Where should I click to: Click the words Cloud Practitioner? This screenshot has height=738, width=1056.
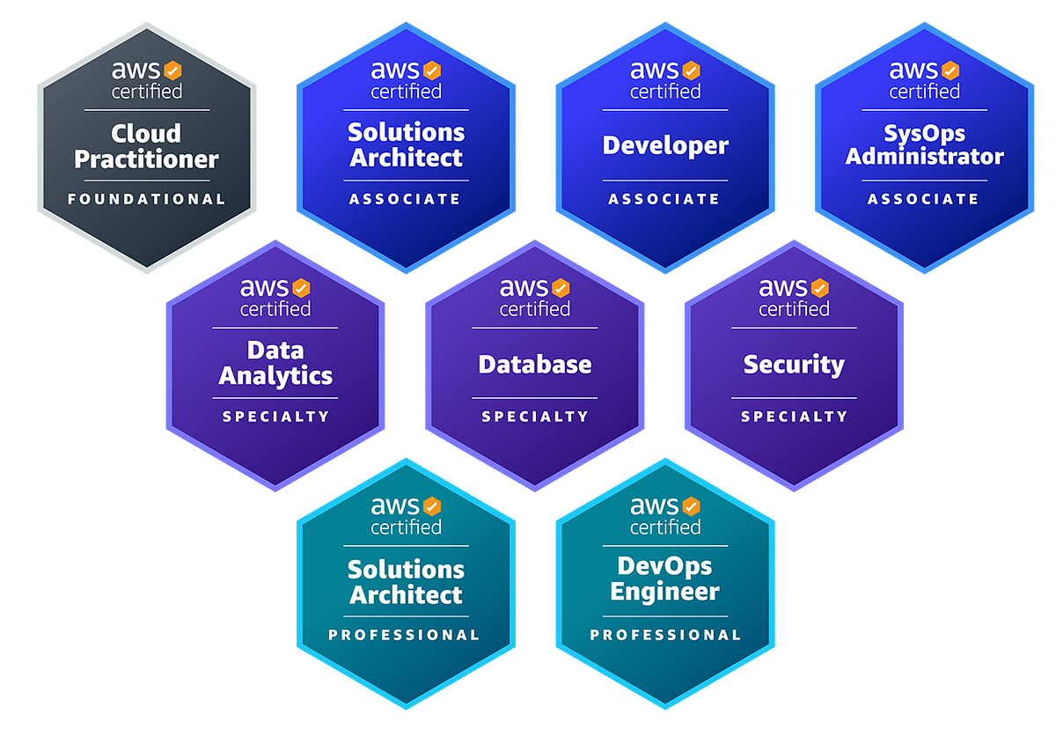point(146,146)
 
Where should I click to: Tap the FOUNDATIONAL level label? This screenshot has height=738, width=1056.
point(146,199)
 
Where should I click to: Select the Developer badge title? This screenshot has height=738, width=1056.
point(665,145)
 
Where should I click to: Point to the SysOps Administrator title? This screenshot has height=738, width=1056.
point(924,145)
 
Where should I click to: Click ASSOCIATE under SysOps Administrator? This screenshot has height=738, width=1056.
point(924,199)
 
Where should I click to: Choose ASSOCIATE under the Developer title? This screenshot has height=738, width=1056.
point(665,199)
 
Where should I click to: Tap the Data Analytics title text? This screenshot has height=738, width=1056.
point(275,363)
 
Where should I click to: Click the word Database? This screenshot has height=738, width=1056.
point(535,364)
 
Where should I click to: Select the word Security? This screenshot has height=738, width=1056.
point(794,364)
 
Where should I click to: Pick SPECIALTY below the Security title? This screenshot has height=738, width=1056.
point(794,417)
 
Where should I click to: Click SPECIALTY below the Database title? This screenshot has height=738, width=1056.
point(535,417)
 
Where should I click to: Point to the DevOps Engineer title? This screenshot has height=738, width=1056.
point(665,579)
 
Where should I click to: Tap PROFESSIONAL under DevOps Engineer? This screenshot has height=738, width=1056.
point(665,635)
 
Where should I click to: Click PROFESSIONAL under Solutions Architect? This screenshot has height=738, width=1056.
point(406,635)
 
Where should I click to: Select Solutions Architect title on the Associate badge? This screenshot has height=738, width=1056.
point(406,145)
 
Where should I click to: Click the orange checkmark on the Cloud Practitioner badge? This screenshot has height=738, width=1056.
point(172,70)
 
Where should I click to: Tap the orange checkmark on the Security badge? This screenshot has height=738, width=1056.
point(820,288)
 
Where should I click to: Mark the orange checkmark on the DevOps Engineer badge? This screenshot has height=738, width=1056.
point(691,506)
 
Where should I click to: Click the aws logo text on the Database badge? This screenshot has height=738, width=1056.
point(524,288)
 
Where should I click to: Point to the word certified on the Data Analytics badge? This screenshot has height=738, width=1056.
point(275,309)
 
